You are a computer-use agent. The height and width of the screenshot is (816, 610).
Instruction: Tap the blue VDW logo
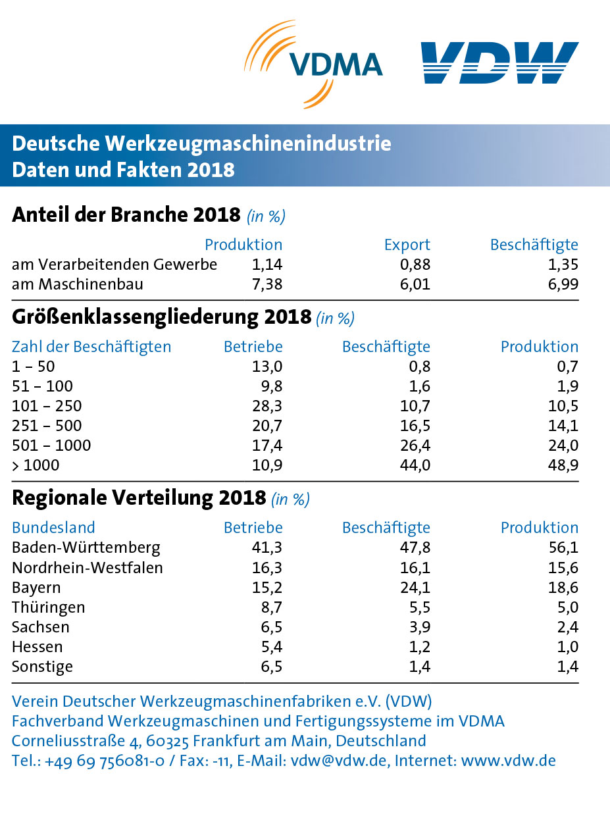[x=499, y=63]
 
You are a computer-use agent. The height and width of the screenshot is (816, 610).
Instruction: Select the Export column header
[x=407, y=245]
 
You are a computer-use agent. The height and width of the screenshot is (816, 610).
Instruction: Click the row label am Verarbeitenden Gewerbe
[x=114, y=265]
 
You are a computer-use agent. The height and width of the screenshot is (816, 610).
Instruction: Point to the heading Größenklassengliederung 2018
[x=161, y=317]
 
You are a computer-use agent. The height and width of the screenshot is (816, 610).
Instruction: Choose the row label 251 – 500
[x=47, y=426]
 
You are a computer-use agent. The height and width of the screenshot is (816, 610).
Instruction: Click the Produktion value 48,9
[x=563, y=465]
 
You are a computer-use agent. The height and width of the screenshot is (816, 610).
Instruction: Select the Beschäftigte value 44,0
[x=415, y=465]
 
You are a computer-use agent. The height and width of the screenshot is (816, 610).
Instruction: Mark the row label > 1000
[x=36, y=465]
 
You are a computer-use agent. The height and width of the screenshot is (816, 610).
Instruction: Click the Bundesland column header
[x=53, y=528]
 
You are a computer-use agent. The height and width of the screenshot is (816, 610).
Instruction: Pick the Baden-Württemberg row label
[x=86, y=548]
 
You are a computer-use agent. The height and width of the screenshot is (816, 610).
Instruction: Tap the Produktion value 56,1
[x=564, y=548]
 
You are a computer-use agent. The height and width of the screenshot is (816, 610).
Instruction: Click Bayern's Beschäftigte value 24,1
[x=415, y=587]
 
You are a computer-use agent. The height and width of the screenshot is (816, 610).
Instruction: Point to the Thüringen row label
[x=49, y=607]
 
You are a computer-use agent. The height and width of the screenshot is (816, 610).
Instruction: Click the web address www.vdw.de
[x=508, y=761]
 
